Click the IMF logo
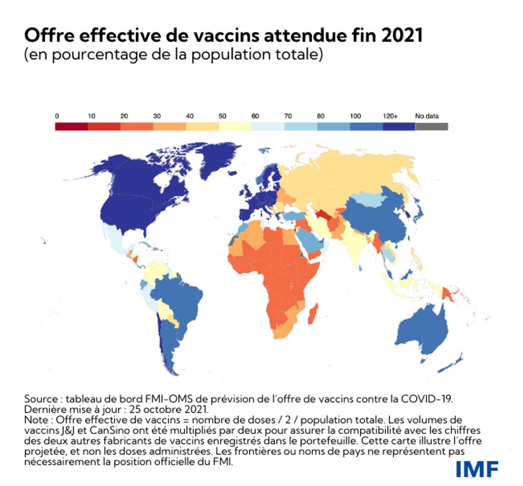tap(476, 468)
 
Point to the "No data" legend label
tap(427, 116)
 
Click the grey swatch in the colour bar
tap(432, 127)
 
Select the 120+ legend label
tap(391, 116)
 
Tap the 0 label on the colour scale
tap(57, 116)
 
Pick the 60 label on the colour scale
tap(255, 116)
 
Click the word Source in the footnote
tap(41, 399)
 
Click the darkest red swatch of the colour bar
tap(72, 127)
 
